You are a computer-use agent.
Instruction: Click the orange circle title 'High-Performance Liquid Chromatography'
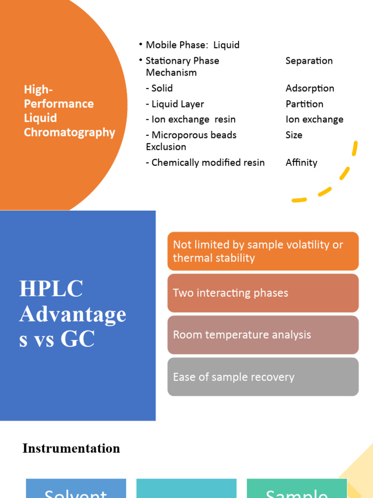(x=69, y=111)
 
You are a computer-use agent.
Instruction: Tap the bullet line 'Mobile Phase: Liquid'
(x=192, y=45)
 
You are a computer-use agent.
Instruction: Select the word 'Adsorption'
(x=309, y=89)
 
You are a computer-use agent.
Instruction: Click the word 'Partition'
(x=304, y=104)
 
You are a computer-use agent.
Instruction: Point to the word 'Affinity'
(x=301, y=163)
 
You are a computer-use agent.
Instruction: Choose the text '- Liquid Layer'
(x=175, y=104)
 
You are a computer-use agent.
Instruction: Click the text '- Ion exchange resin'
(x=190, y=120)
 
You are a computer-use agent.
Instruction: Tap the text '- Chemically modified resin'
(x=205, y=163)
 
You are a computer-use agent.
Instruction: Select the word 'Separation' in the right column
(x=309, y=61)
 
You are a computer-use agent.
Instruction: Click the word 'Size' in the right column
(x=294, y=135)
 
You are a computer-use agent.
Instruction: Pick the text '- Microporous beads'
(x=191, y=135)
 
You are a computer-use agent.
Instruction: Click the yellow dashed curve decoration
(x=340, y=180)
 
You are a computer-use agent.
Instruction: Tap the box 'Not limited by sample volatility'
(x=263, y=251)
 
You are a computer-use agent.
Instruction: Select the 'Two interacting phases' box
(x=263, y=293)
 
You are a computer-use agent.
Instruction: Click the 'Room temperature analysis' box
(x=263, y=335)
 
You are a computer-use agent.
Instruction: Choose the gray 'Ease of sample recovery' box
(x=263, y=377)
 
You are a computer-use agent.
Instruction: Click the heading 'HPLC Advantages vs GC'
(x=73, y=314)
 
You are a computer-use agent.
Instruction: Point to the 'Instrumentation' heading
(x=71, y=448)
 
